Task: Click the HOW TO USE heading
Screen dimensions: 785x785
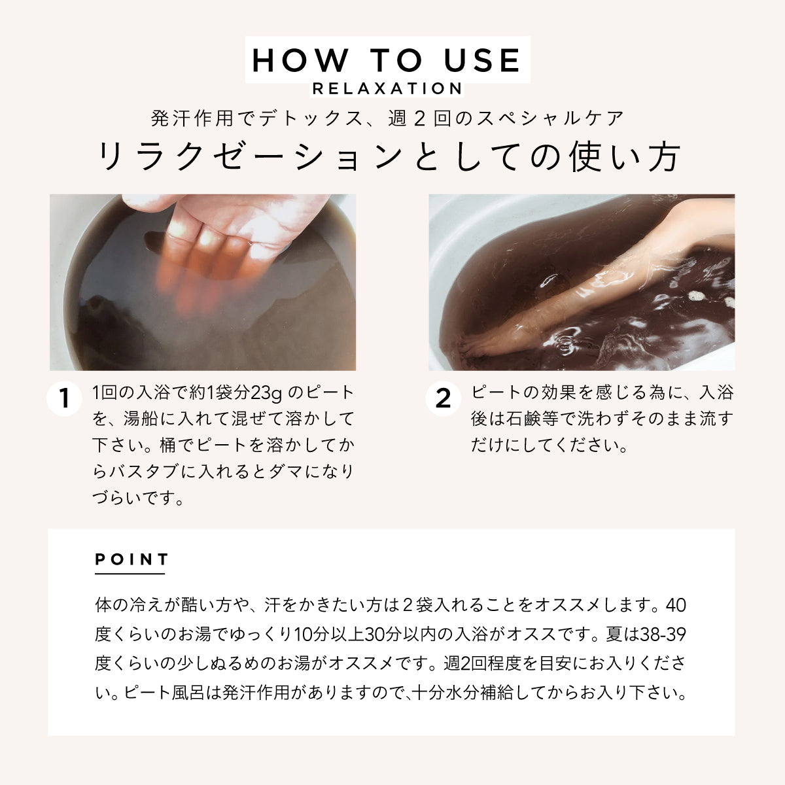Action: tap(387, 60)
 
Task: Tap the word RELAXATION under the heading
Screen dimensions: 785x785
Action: tap(387, 88)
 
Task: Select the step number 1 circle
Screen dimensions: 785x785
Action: tap(64, 398)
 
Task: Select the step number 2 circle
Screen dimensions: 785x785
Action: tap(443, 398)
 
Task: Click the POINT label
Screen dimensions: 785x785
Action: tap(132, 559)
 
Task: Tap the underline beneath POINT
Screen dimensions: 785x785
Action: tap(130, 574)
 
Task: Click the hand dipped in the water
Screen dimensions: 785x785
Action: tap(216, 235)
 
